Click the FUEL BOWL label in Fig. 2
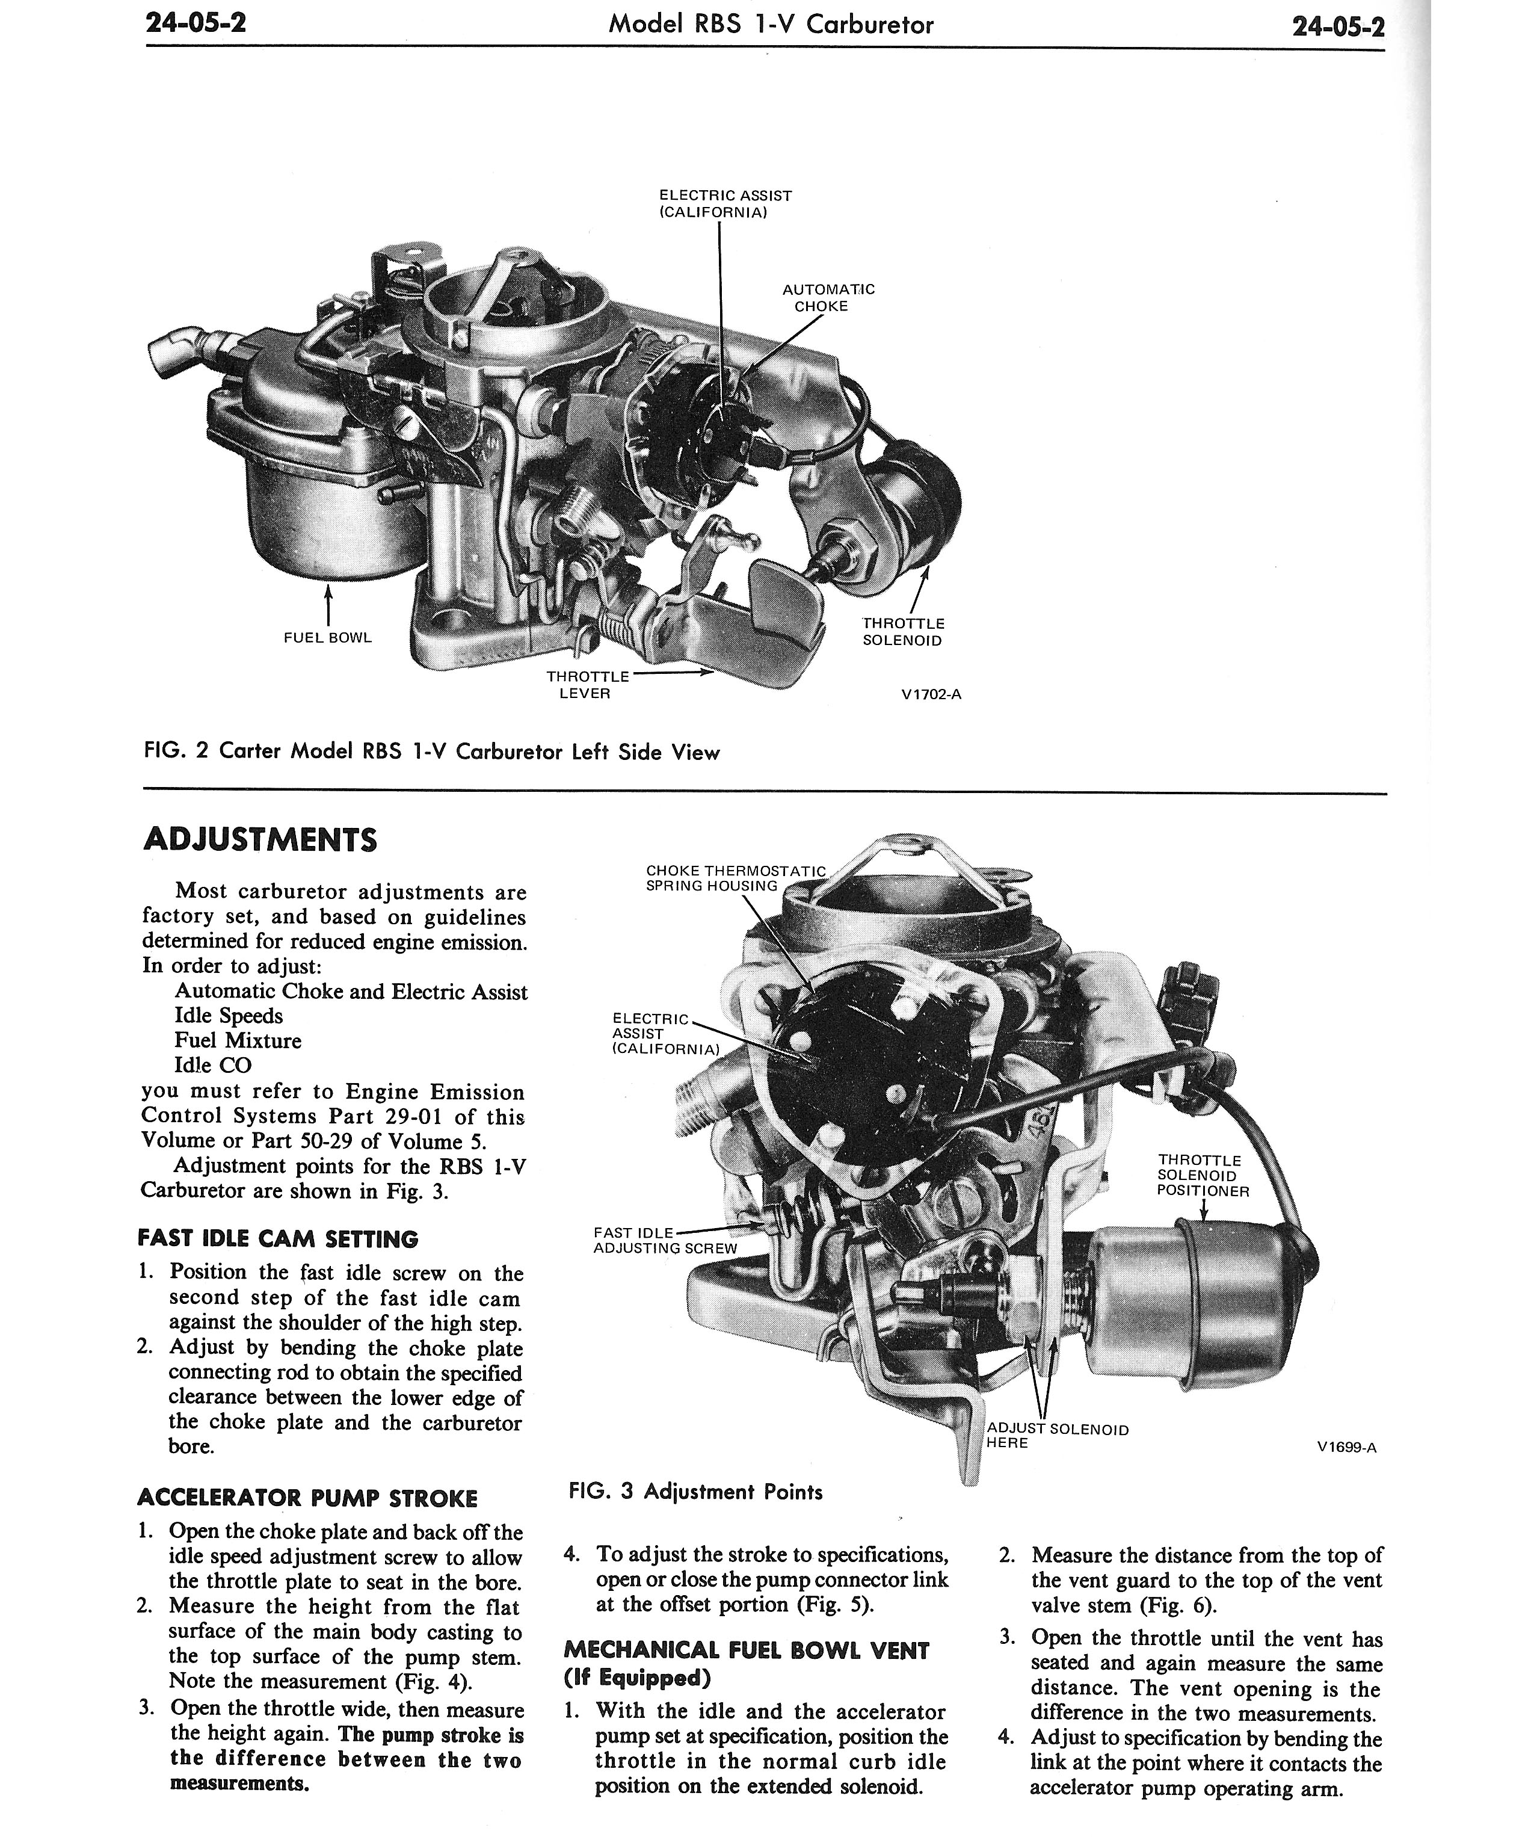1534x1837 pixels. point(328,638)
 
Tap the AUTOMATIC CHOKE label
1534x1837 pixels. point(827,297)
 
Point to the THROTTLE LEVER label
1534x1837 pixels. point(587,685)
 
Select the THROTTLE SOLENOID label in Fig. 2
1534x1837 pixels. point(904,632)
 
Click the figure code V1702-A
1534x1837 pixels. point(931,694)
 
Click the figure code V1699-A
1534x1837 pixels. point(1347,1447)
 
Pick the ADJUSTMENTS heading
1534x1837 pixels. point(260,840)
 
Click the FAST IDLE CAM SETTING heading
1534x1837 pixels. point(278,1240)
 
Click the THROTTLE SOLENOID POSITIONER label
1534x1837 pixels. point(1203,1176)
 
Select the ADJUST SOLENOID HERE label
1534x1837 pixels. point(1058,1436)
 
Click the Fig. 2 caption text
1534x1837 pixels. point(431,752)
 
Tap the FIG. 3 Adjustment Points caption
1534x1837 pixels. point(695,1492)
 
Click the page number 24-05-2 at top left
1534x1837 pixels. point(196,23)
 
